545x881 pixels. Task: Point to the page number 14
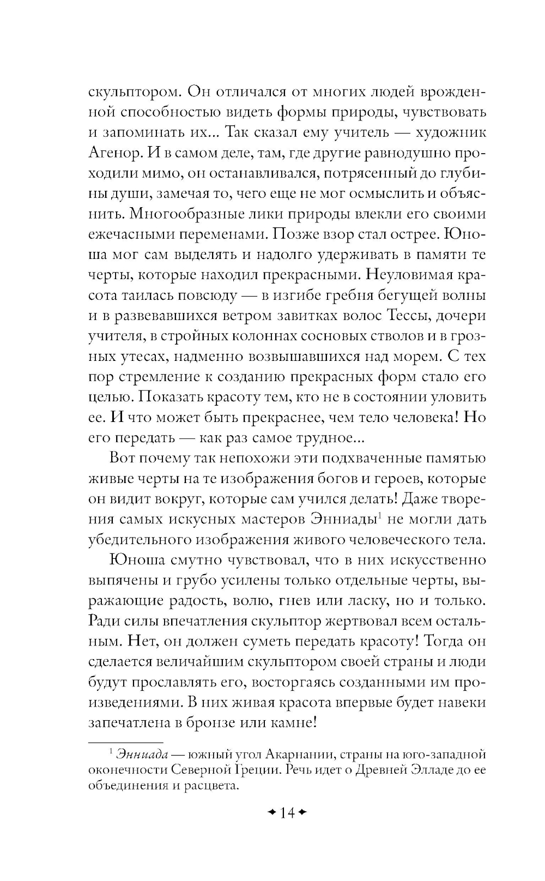[287, 813]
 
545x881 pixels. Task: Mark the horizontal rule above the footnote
[125, 742]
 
